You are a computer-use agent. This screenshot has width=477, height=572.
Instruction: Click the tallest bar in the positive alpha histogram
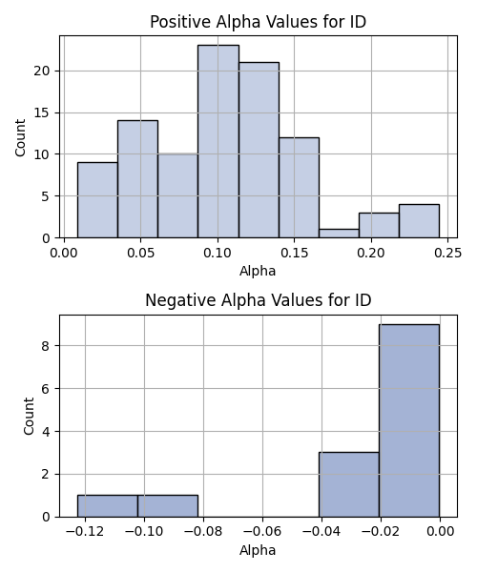[x=218, y=141]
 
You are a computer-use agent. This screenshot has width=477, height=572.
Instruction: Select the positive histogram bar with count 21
[x=259, y=150]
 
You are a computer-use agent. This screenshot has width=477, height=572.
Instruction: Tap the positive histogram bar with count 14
[x=137, y=179]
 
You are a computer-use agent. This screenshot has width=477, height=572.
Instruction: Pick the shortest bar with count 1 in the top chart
[x=339, y=234]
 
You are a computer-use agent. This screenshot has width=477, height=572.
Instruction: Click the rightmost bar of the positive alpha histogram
[x=420, y=221]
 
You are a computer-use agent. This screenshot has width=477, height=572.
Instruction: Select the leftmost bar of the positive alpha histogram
[x=97, y=200]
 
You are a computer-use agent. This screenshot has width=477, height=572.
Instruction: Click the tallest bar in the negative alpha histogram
[x=409, y=420]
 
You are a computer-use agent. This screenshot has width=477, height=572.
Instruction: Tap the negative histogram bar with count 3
[x=349, y=484]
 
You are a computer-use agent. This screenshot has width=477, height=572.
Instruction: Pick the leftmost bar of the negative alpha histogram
[x=107, y=506]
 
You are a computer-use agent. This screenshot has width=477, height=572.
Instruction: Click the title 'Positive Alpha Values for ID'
[x=258, y=22]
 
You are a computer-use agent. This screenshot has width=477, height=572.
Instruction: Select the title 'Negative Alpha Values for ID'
[x=258, y=300]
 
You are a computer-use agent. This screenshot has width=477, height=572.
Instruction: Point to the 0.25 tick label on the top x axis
[x=447, y=253]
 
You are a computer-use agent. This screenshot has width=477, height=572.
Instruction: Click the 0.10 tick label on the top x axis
[x=218, y=253]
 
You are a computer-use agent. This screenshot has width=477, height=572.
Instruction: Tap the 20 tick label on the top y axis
[x=42, y=71]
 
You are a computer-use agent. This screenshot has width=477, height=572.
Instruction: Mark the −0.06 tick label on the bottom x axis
[x=262, y=532]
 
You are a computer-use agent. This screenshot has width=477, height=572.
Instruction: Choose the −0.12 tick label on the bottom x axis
[x=85, y=532]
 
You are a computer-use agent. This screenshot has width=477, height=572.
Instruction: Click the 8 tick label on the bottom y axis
[x=46, y=346]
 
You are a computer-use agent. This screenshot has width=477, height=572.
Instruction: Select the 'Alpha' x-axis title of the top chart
[x=258, y=271]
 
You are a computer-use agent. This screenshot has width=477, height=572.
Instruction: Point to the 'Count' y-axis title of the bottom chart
[x=29, y=417]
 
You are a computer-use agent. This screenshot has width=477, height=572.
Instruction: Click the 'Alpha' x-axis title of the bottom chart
[x=258, y=550]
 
